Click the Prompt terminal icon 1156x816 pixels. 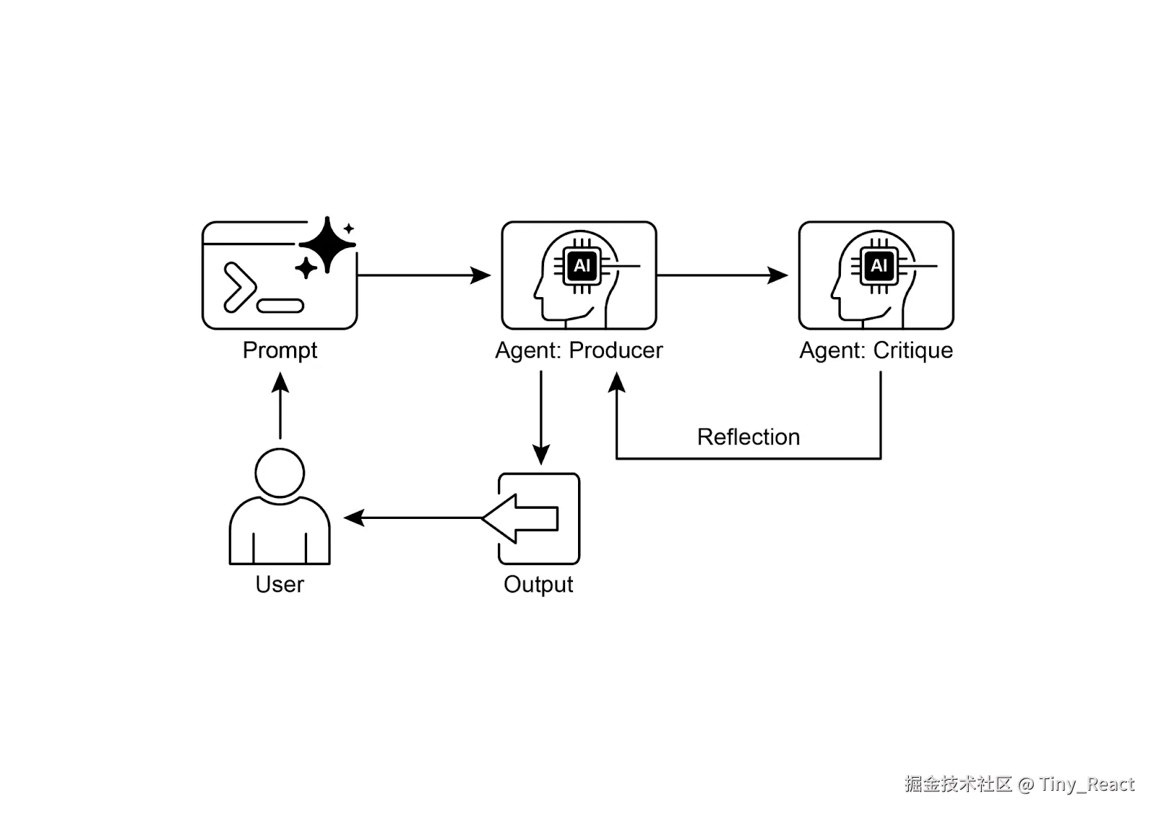[x=279, y=276]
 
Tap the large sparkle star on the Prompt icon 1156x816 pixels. [x=327, y=244]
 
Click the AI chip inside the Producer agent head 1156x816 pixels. [x=582, y=266]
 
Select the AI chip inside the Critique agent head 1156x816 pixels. [x=879, y=266]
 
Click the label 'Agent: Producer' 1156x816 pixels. [x=579, y=351]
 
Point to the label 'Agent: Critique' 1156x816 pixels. [x=876, y=351]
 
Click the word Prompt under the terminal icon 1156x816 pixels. [x=280, y=351]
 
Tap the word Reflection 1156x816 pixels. [x=748, y=437]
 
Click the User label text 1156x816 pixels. [x=280, y=584]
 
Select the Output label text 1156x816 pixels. [x=538, y=584]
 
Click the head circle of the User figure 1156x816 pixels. [x=280, y=473]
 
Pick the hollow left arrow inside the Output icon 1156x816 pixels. [x=520, y=518]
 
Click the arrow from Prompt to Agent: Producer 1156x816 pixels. [x=423, y=275]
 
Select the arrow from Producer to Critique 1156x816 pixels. [x=722, y=275]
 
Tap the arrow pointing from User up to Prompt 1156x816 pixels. [x=280, y=405]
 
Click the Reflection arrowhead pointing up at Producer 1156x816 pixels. [x=616, y=382]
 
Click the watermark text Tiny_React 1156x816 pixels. [x=1087, y=784]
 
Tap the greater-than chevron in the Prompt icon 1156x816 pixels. [x=239, y=288]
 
